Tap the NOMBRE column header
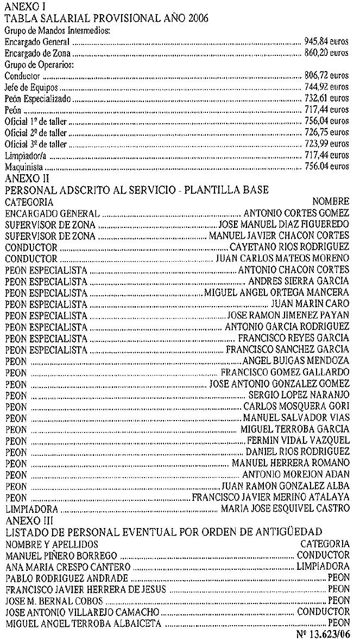[x=331, y=201]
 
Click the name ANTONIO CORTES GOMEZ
[x=296, y=213]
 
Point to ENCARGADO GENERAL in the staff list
[x=52, y=213]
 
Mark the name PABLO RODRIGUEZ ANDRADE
[x=66, y=578]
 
